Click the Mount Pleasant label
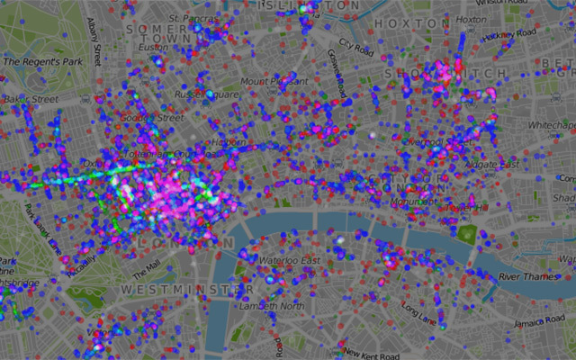266,81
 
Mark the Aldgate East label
491,164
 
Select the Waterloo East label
290,260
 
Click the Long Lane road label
418,311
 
